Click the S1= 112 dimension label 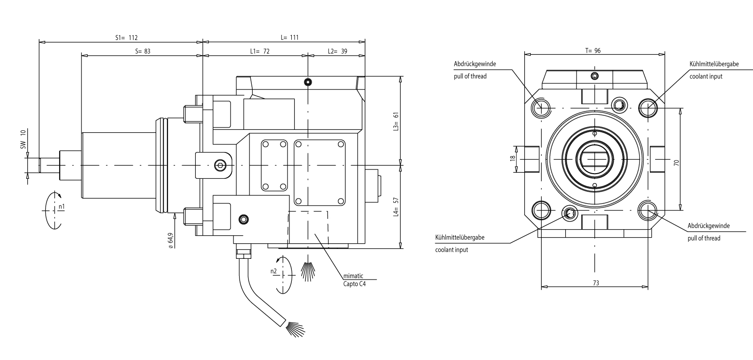pyautogui.click(x=126, y=38)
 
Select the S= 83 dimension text pyautogui.click(x=143, y=51)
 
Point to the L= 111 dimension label pyautogui.click(x=289, y=38)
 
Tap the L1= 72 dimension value pyautogui.click(x=260, y=51)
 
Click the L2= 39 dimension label pyautogui.click(x=337, y=51)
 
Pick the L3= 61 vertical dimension pyautogui.click(x=396, y=121)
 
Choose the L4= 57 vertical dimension pyautogui.click(x=396, y=207)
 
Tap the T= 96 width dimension pyautogui.click(x=593, y=51)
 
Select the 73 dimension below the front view pyautogui.click(x=595, y=283)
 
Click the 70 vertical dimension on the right pyautogui.click(x=676, y=163)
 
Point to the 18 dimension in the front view pyautogui.click(x=513, y=159)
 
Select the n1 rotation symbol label pyautogui.click(x=62, y=207)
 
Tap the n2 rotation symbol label pyautogui.click(x=273, y=271)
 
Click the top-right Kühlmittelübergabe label pyautogui.click(x=714, y=64)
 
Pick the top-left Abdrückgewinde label pyautogui.click(x=475, y=64)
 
